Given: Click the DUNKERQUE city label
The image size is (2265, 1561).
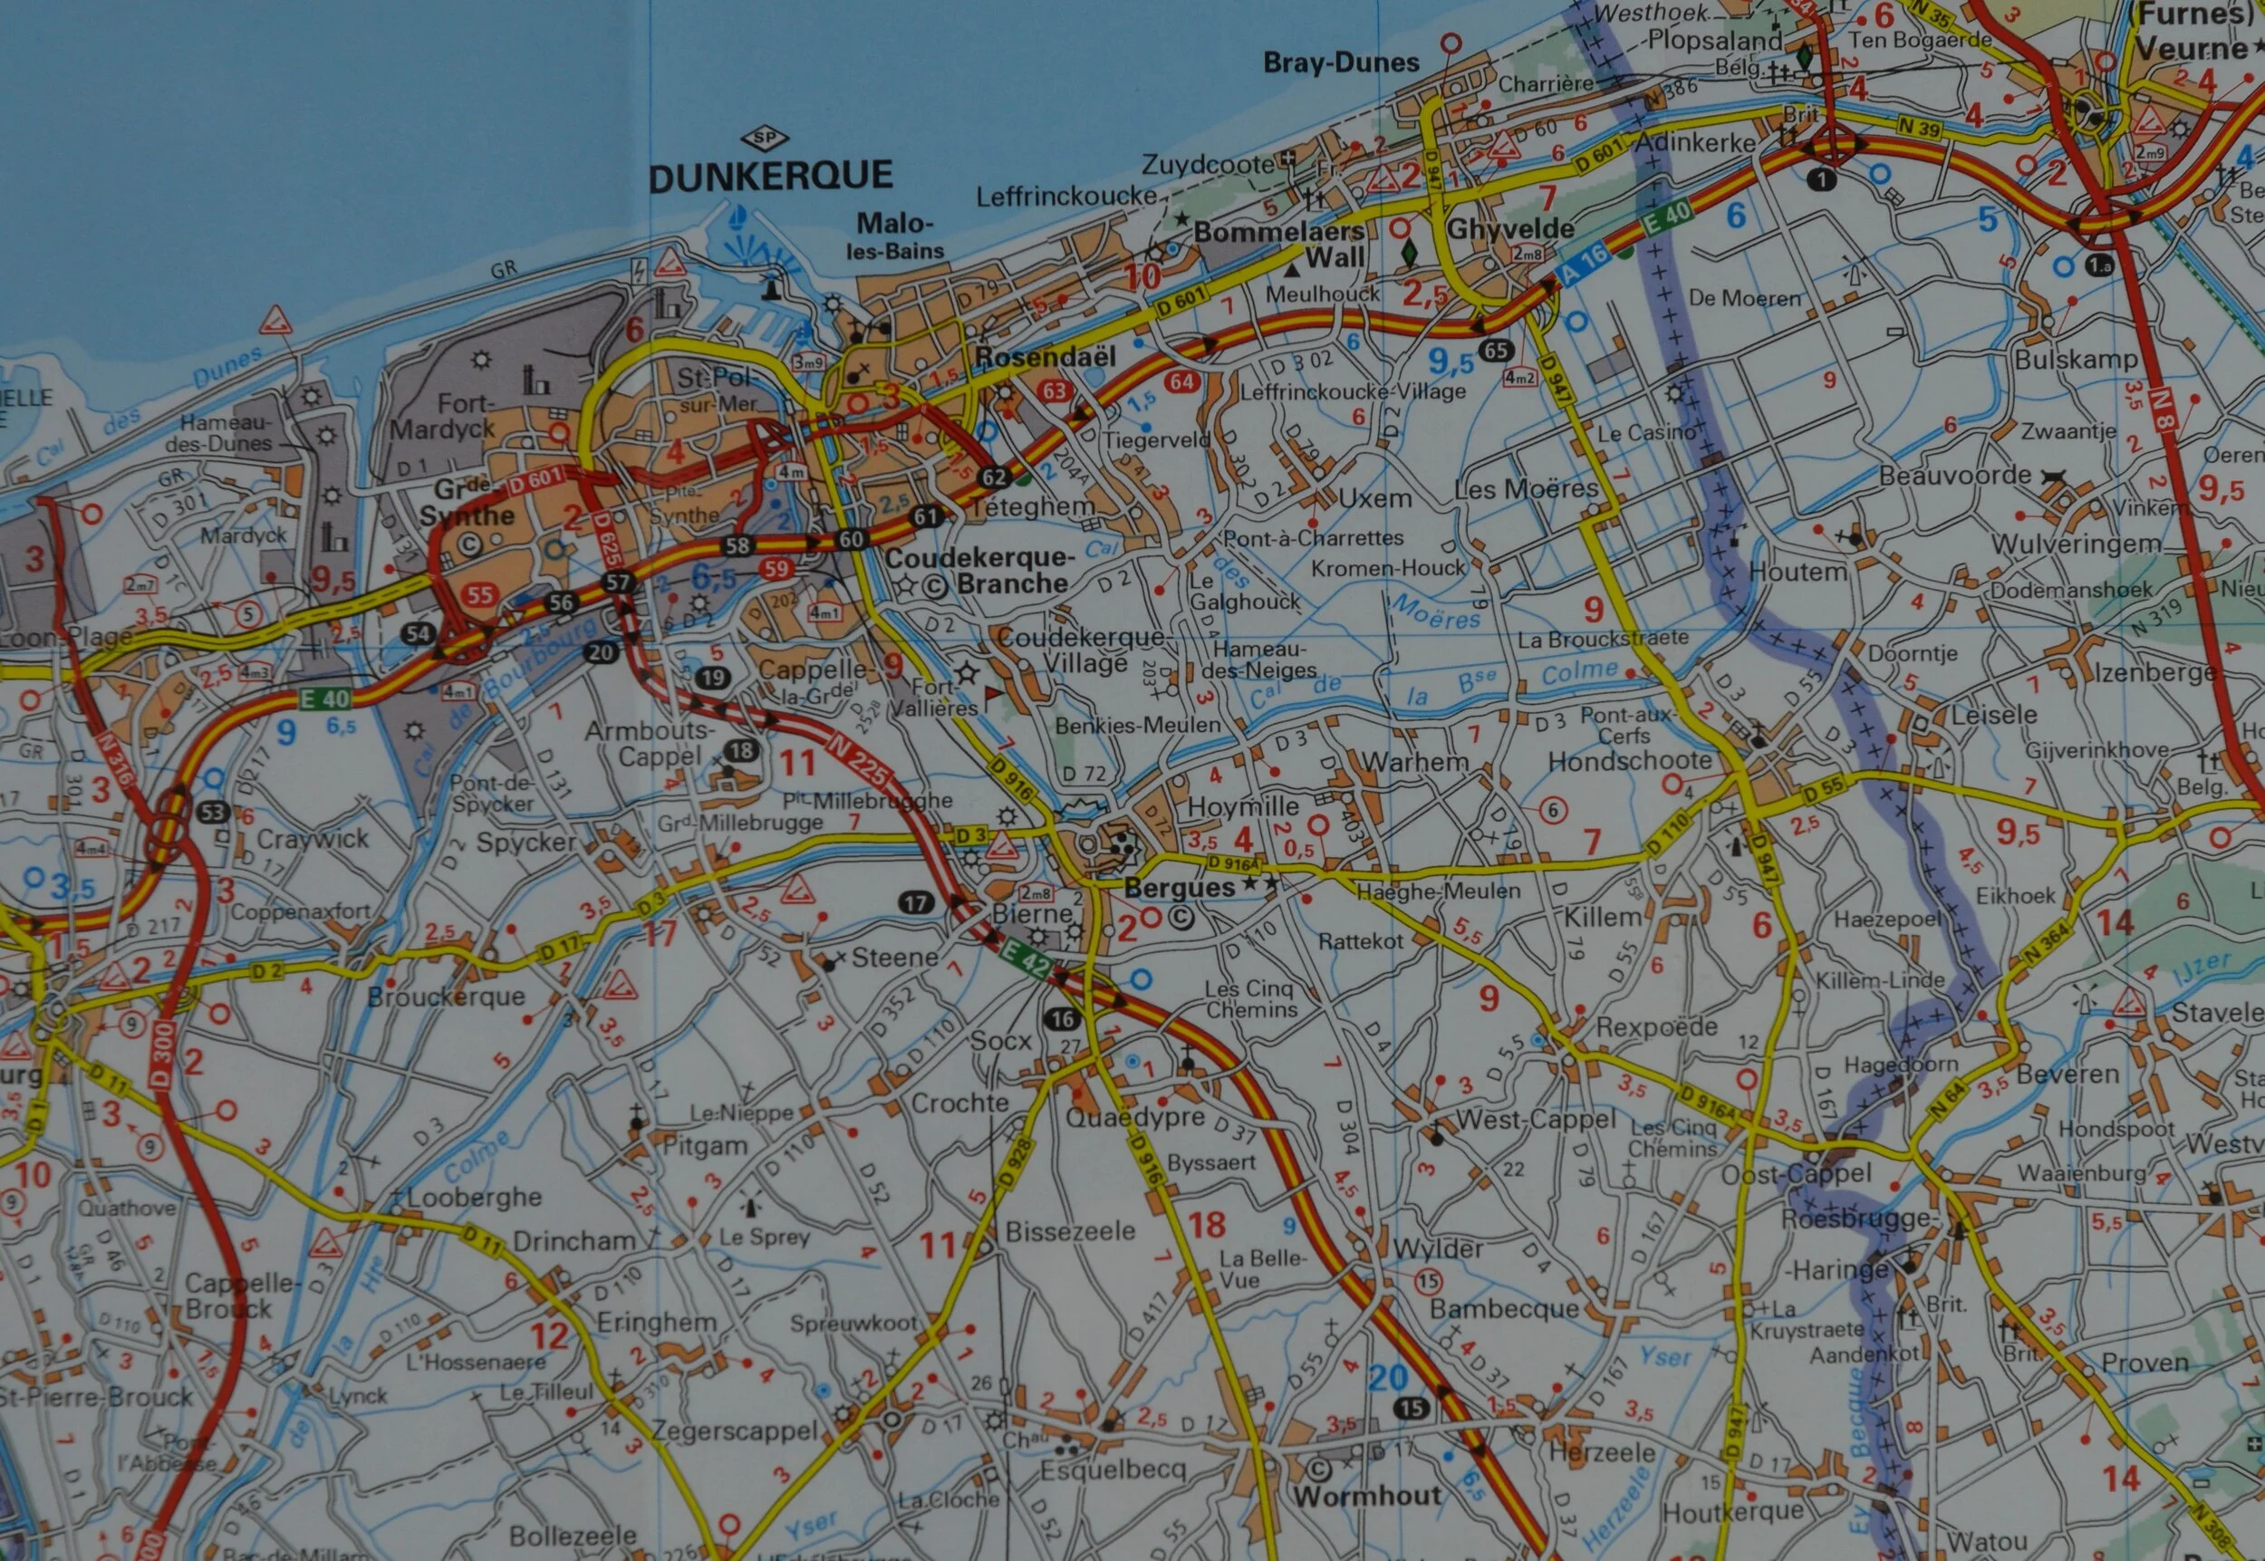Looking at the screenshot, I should pos(771,177).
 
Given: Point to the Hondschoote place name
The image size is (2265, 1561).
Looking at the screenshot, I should pos(1629,760).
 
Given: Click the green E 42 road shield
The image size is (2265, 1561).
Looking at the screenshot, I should pos(1026,960).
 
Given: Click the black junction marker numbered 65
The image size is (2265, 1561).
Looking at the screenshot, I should pos(1494,350).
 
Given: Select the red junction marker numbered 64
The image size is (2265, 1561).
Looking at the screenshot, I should pos(1181,381).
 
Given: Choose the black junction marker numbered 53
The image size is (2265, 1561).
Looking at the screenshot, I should pos(211,811).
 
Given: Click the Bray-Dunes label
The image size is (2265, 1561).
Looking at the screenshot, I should pos(1340,63).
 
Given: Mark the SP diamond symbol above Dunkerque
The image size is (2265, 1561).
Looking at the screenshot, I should pos(766,138).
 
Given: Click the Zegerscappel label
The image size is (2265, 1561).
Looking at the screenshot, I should pos(734,1431).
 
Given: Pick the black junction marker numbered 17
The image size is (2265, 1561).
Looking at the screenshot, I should pos(915,902).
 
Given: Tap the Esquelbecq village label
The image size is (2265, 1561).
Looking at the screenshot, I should pos(1113,1469).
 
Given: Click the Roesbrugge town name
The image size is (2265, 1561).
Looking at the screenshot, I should pos(1855,1219).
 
